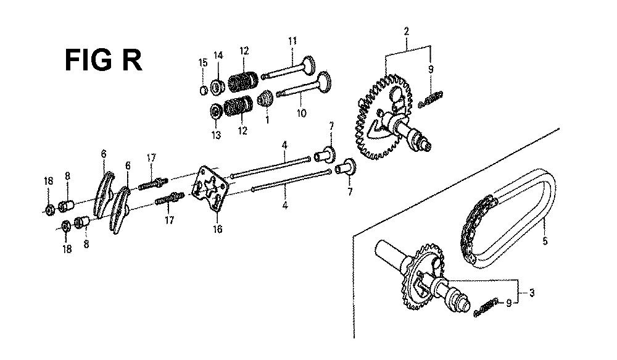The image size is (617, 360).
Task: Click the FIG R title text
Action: tap(103, 60)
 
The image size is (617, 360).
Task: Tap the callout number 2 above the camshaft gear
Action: tap(406, 31)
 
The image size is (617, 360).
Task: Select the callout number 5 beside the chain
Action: tap(545, 240)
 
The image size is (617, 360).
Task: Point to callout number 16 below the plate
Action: tap(217, 228)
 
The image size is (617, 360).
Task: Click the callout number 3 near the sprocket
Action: tap(532, 293)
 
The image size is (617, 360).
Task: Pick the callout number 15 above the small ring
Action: tap(202, 62)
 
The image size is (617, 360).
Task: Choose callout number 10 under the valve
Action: tap(301, 114)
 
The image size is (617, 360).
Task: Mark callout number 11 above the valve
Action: tap(292, 41)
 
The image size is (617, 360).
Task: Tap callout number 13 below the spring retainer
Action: tap(216, 135)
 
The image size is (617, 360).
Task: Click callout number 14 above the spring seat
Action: tap(218, 56)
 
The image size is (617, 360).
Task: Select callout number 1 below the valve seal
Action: tap(268, 120)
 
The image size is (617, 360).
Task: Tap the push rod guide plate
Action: tap(210, 188)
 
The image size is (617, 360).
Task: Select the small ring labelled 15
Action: tap(203, 90)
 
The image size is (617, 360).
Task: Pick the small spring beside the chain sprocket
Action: tap(486, 307)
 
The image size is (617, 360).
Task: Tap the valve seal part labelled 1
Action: tap(265, 98)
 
